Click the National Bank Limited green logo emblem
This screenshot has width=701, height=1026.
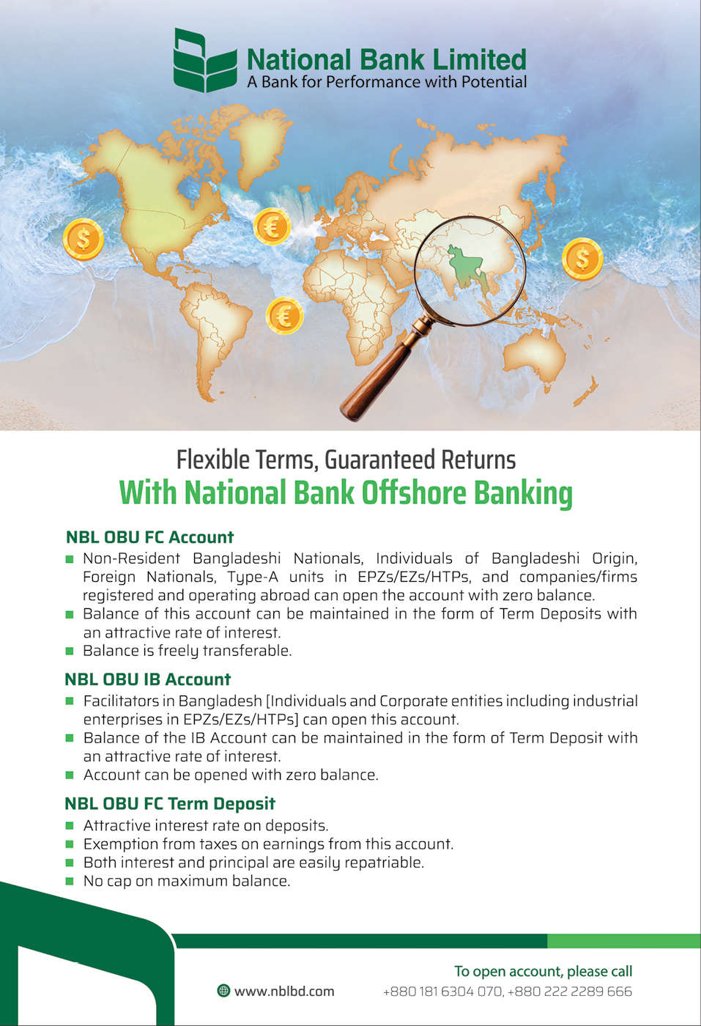pyautogui.click(x=205, y=59)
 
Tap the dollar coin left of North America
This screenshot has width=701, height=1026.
pyautogui.click(x=84, y=239)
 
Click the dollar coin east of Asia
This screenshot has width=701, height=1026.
pyautogui.click(x=582, y=258)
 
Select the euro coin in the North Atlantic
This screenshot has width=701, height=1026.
pyautogui.click(x=272, y=226)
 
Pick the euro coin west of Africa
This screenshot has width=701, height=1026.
pyautogui.click(x=284, y=316)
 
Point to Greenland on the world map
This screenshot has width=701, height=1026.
pyautogui.click(x=259, y=142)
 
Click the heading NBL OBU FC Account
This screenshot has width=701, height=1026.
pyautogui.click(x=149, y=536)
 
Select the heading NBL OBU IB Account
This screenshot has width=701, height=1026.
pyautogui.click(x=147, y=679)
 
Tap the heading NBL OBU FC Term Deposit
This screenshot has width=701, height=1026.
pyautogui.click(x=170, y=803)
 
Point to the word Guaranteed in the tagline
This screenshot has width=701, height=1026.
pyautogui.click(x=374, y=460)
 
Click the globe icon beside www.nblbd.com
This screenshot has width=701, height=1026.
pyautogui.click(x=223, y=991)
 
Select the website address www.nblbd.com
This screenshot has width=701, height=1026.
pyautogui.click(x=284, y=992)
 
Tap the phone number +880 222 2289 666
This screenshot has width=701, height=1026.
pyautogui.click(x=570, y=992)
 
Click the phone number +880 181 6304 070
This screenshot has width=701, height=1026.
pyautogui.click(x=442, y=992)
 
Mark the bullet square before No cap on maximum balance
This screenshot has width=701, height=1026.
pyautogui.click(x=70, y=881)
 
